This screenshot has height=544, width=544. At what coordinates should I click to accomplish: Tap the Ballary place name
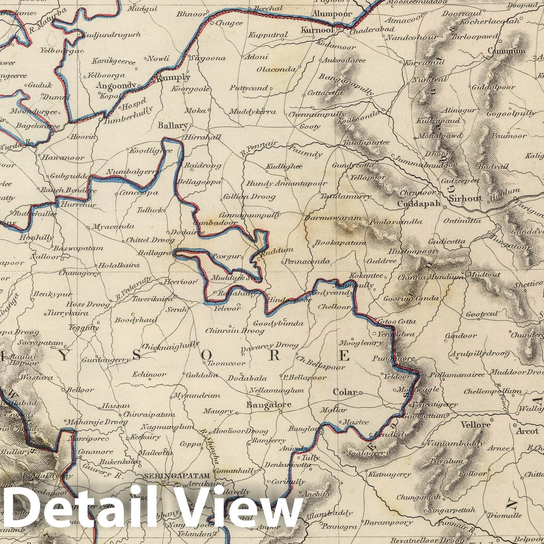[x=173, y=126]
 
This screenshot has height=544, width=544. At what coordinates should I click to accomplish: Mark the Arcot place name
[x=527, y=431]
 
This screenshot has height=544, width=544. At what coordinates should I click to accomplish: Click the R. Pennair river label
[x=253, y=150]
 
